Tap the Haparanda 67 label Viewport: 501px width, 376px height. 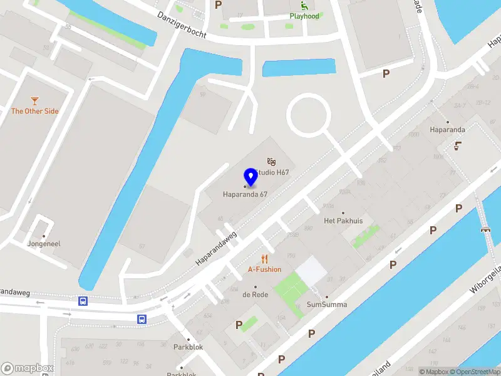click(245, 194)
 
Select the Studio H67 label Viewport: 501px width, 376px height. click(274, 172)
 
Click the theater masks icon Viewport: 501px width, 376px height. click(271, 162)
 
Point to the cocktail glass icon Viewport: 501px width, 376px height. click(34, 100)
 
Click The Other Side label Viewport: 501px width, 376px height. click(34, 111)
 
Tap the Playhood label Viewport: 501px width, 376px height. click(304, 16)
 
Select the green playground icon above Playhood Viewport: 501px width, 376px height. click(304, 6)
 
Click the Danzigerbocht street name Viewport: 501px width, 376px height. click(182, 24)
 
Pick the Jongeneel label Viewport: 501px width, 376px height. click(44, 243)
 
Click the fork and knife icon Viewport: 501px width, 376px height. click(264, 259)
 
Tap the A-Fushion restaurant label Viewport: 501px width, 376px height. click(264, 269)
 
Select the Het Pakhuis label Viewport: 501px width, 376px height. click(343, 221)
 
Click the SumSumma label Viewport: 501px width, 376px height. click(326, 305)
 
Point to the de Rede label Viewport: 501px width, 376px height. click(256, 294)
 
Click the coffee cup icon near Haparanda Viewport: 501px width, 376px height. click(458, 146)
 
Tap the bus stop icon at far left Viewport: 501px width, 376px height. click(83, 301)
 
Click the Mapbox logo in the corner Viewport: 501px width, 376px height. click(28, 368)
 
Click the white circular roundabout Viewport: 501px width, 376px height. click(308, 115)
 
